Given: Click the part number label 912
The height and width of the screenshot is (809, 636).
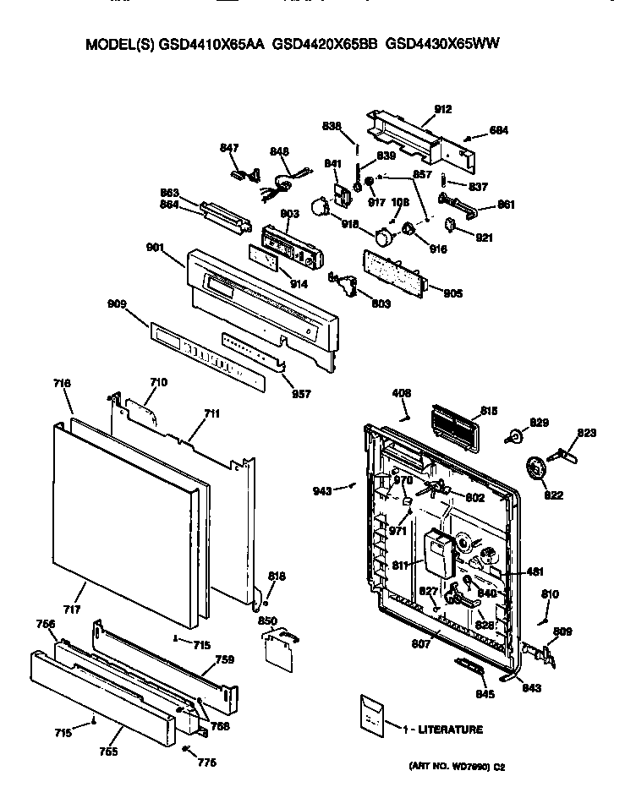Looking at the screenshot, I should tap(443, 109).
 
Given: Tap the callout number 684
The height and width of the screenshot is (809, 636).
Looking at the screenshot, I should tap(499, 131).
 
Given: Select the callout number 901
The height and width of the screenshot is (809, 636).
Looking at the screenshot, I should tap(155, 248).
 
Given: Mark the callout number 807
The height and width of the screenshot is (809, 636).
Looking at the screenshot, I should tap(421, 644).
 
